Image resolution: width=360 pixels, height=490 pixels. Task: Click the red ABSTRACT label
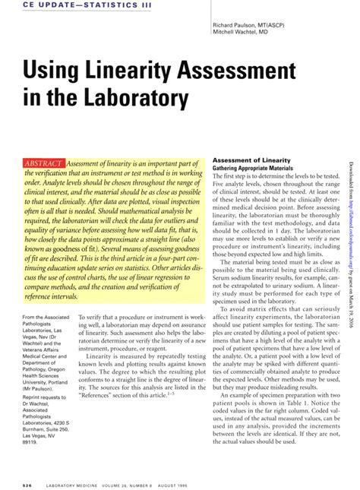45,142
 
